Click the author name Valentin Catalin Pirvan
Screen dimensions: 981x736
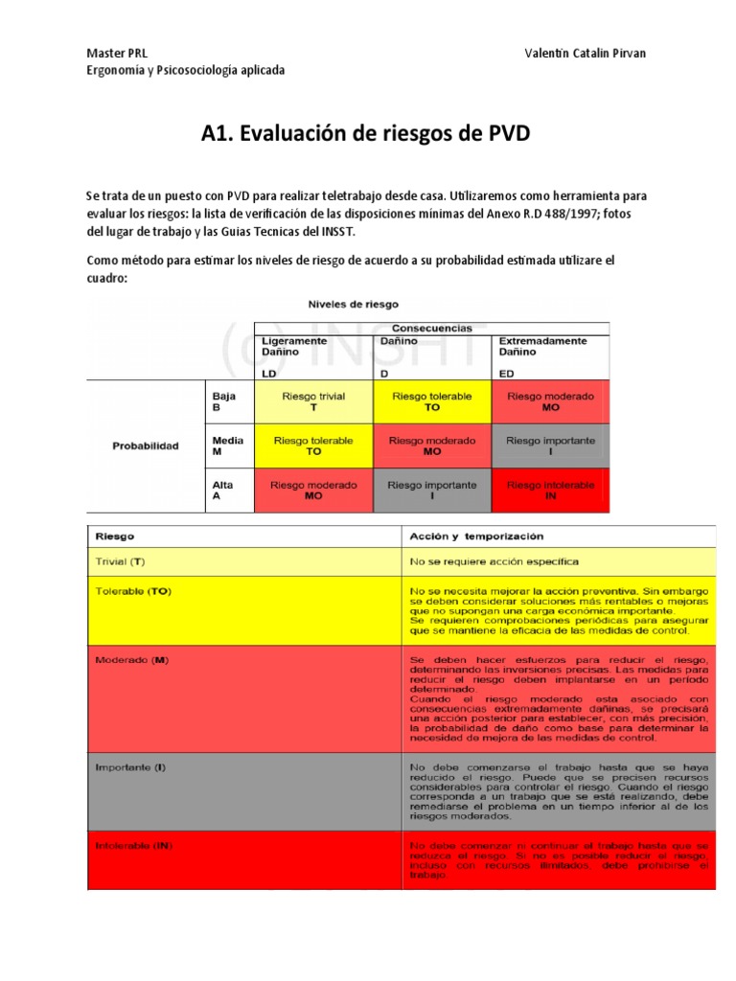pyautogui.click(x=586, y=53)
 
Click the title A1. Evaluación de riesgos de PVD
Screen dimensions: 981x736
pyautogui.click(x=365, y=133)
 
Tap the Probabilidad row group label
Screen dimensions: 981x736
pyautogui.click(x=146, y=445)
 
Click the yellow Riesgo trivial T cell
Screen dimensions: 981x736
pyautogui.click(x=313, y=401)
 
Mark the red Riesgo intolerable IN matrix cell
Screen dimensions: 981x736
pyautogui.click(x=550, y=490)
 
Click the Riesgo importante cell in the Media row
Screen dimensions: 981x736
pyautogui.click(x=550, y=445)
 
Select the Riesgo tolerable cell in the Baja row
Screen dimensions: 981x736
pyautogui.click(x=431, y=401)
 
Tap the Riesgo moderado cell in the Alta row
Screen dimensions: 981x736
pyautogui.click(x=313, y=490)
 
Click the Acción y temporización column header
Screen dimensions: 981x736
pyautogui.click(x=476, y=536)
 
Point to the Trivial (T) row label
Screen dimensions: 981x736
pyautogui.click(x=121, y=560)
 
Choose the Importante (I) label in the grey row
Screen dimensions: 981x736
pyautogui.click(x=130, y=767)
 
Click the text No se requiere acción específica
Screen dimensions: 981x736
pyautogui.click(x=494, y=560)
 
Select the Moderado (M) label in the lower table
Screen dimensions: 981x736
pyautogui.click(x=129, y=660)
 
